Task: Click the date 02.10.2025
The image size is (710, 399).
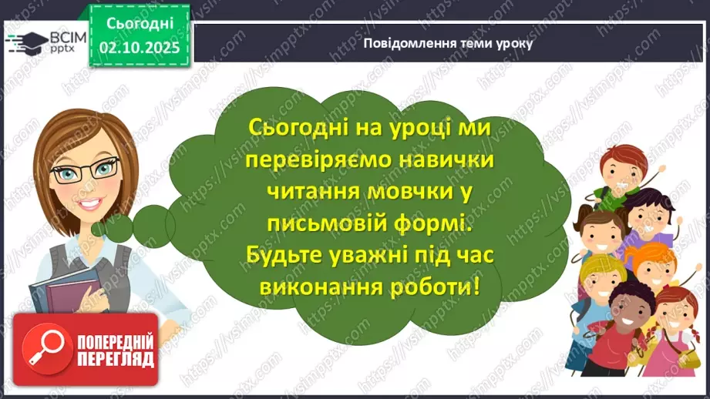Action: tap(140, 47)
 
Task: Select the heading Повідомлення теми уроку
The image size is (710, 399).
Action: tap(448, 43)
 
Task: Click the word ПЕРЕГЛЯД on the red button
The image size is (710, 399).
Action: tap(116, 359)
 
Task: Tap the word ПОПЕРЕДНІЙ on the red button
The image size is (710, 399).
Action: tap(116, 341)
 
